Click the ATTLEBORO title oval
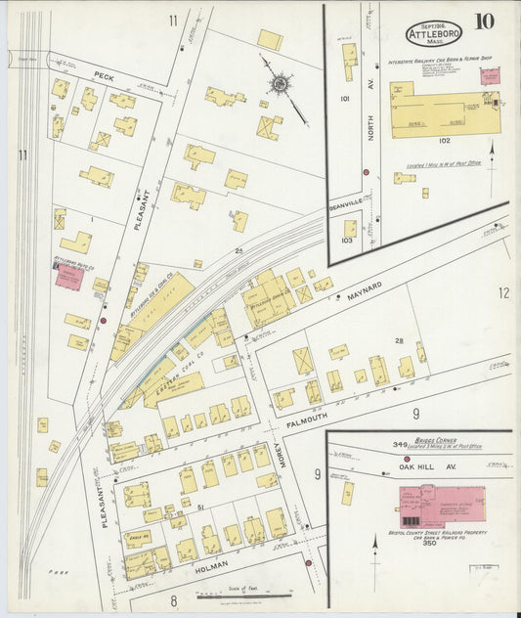tap(434, 31)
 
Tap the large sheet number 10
tap(484, 22)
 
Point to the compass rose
tap(280, 84)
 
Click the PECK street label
tap(104, 74)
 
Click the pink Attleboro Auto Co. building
tap(67, 277)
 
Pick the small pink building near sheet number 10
tap(490, 75)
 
